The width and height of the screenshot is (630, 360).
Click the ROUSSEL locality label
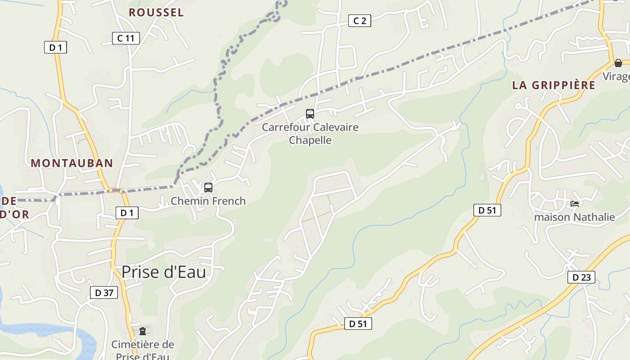point(156,13)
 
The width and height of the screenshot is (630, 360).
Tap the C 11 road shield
point(126,38)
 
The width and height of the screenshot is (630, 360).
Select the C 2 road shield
point(360,20)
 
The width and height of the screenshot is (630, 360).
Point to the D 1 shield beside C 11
point(55,47)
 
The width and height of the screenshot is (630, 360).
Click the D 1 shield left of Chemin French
point(127,213)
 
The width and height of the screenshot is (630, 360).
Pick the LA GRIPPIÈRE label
point(553,85)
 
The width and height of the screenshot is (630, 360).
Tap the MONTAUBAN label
point(72,163)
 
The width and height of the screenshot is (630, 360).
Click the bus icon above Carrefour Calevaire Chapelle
point(310,113)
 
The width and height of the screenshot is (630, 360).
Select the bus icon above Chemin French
point(208,187)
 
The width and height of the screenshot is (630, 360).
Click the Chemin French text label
point(208,201)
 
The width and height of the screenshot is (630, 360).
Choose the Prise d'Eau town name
point(163,272)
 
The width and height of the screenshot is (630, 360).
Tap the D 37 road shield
point(104,292)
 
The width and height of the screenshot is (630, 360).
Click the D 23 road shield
point(581,277)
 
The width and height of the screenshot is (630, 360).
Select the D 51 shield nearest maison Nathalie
point(487,210)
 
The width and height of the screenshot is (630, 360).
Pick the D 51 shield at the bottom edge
point(358,323)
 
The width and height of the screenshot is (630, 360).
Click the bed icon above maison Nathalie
point(575,204)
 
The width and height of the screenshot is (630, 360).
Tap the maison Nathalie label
point(574,217)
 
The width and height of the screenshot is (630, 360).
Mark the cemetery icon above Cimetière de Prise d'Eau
point(143,331)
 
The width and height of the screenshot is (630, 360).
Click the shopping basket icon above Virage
point(618,63)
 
